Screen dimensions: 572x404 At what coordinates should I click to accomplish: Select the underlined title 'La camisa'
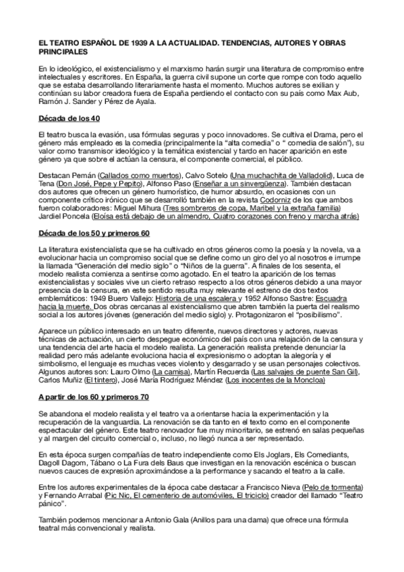point(170,372)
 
